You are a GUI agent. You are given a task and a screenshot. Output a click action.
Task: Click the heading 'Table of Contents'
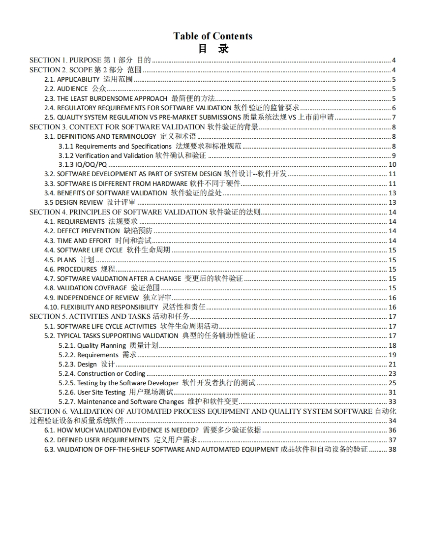(x=213, y=36)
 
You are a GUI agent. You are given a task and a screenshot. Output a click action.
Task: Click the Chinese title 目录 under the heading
(x=213, y=49)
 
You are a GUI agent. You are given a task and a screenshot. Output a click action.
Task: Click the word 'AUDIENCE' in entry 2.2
(x=73, y=89)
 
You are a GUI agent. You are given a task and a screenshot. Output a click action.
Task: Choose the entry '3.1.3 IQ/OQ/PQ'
(x=83, y=165)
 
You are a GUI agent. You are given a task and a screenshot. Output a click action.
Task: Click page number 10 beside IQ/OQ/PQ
(x=392, y=165)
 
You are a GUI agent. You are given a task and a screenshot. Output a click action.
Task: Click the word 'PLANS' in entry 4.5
(x=67, y=260)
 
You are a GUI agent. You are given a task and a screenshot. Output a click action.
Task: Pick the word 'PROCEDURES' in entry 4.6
(x=77, y=269)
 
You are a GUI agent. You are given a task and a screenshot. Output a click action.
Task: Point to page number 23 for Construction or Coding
(x=392, y=373)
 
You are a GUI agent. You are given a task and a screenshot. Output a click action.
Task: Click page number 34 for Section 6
(x=392, y=421)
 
